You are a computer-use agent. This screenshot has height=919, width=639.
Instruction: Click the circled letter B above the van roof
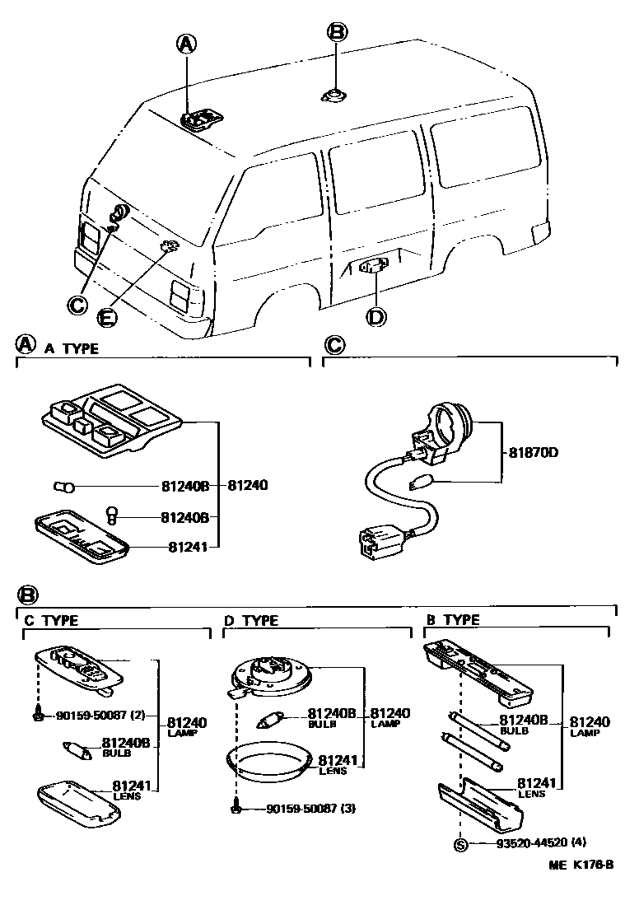(337, 32)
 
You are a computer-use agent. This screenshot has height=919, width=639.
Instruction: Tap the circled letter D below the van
(375, 316)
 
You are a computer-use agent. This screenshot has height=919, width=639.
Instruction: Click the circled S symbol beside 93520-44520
(460, 844)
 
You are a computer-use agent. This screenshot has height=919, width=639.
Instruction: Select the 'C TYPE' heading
(51, 620)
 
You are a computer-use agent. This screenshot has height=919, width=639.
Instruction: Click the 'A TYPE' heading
(72, 348)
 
